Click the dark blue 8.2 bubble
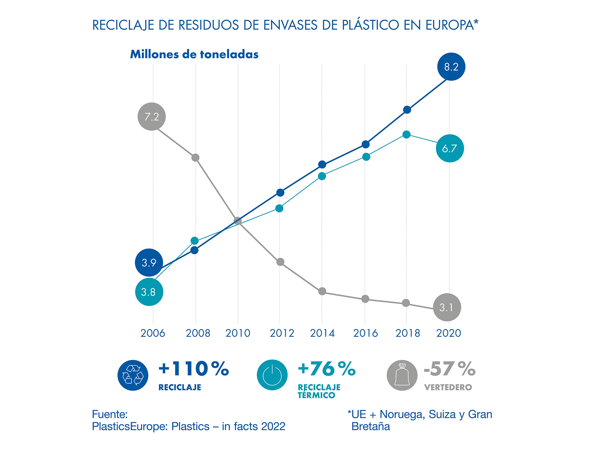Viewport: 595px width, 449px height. (x=451, y=67)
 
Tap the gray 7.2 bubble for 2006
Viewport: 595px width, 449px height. (x=152, y=117)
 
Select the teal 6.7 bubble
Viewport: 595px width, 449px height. (x=450, y=148)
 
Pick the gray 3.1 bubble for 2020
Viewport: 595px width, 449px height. (x=447, y=307)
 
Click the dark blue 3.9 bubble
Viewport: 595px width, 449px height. (x=149, y=262)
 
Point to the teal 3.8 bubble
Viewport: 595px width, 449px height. (x=149, y=292)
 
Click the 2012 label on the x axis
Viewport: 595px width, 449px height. (x=282, y=333)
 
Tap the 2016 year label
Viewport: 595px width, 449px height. (x=365, y=333)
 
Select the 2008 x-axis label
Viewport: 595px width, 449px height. (x=198, y=333)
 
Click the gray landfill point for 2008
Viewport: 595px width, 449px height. (x=195, y=158)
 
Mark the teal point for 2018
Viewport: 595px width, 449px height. (x=407, y=134)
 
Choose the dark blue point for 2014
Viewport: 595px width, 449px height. (x=322, y=165)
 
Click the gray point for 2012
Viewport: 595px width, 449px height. (x=280, y=262)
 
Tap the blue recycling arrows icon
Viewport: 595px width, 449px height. (x=133, y=375)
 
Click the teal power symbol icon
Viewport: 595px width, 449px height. (x=272, y=375)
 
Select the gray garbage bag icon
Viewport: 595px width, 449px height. (x=402, y=375)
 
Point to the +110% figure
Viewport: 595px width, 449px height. (x=194, y=369)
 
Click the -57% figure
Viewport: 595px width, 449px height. (x=449, y=369)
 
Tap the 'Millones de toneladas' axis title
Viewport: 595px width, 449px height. (x=194, y=54)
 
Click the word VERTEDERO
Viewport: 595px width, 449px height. (x=448, y=387)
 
